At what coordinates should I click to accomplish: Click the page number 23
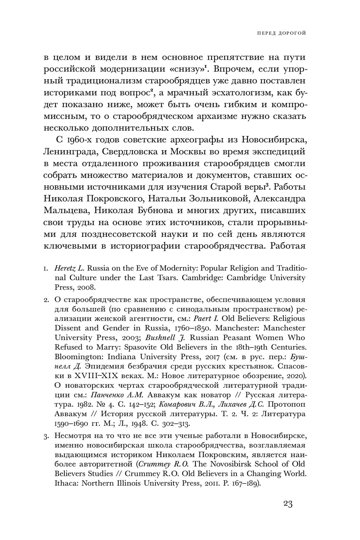coord(288,504)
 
